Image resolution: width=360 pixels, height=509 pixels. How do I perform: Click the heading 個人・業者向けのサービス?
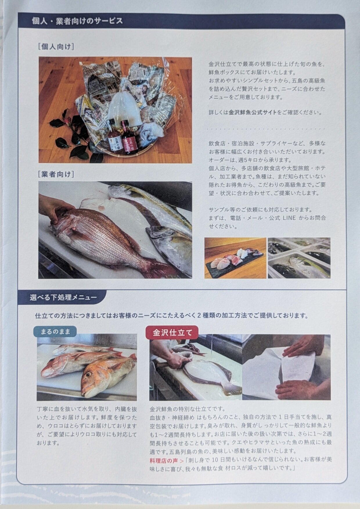pyautogui.click(x=77, y=21)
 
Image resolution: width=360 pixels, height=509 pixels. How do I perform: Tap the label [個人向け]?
pyautogui.click(x=56, y=46)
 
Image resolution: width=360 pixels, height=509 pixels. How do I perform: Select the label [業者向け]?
pyautogui.click(x=56, y=174)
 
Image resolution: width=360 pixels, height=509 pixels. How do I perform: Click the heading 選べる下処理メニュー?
pyautogui.click(x=63, y=297)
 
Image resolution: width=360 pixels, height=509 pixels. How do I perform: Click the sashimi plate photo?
pyautogui.click(x=235, y=258)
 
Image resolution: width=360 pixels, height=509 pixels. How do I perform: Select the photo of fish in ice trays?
pyautogui.click(x=299, y=258)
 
